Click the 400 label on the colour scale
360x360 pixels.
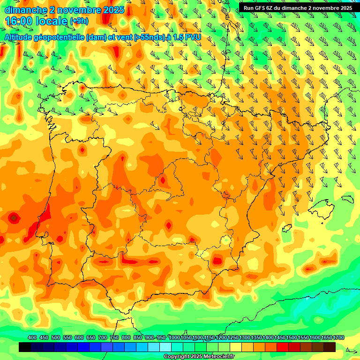32,337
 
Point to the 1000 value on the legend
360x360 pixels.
174,337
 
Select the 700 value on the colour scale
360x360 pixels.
103,337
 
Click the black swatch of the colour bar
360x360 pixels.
25,347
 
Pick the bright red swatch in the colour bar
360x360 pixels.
283,347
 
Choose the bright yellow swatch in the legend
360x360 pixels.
236,347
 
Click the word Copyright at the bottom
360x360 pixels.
177,357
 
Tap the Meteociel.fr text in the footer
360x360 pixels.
219,357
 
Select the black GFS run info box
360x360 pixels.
298,7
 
